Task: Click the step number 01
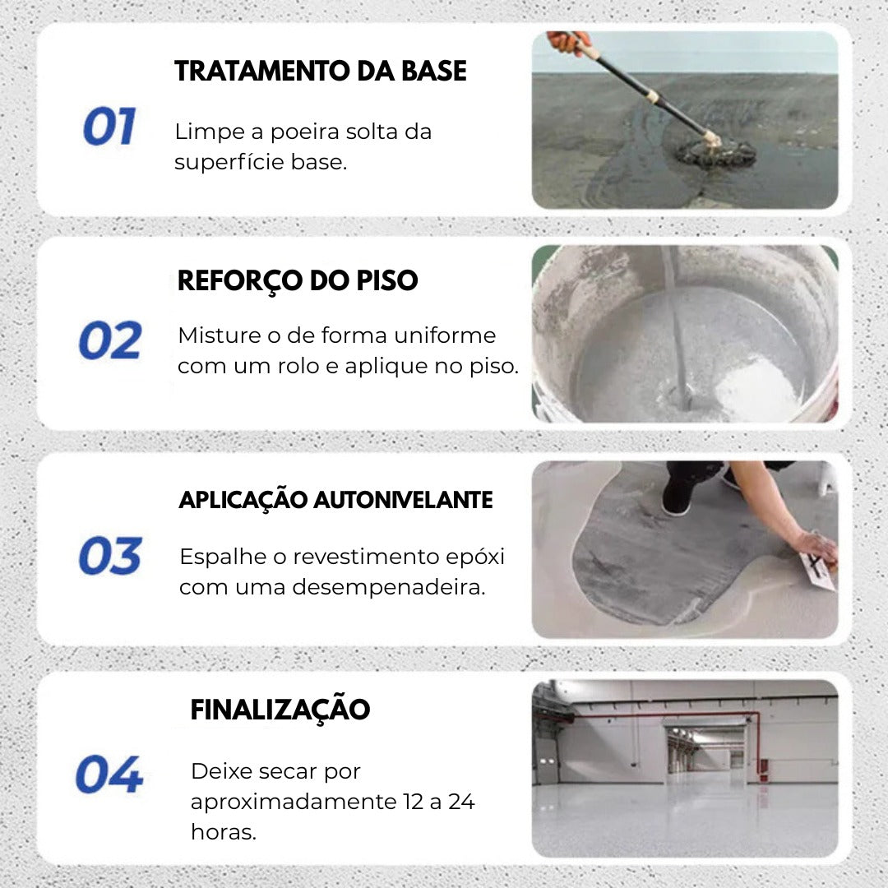pos(109,127)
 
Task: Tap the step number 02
pos(110,340)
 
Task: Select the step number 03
pos(110,556)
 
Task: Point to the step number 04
pos(109,775)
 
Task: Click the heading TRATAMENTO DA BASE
pos(321,72)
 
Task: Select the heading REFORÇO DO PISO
pos(298,281)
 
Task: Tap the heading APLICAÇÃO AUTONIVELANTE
pos(335,500)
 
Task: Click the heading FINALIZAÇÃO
pos(280,710)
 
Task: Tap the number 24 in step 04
pos(461,802)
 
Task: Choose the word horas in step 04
pos(224,831)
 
